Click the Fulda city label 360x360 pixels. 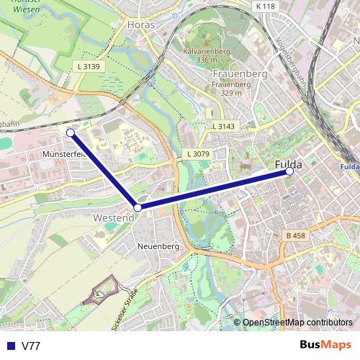pyautogui.click(x=288, y=165)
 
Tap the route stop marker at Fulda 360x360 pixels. pyautogui.click(x=289, y=172)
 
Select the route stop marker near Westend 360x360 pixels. pyautogui.click(x=138, y=207)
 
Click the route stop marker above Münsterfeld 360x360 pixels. pyautogui.click(x=71, y=132)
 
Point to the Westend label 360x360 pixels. pyautogui.click(x=114, y=217)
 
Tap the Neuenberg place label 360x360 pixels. pyautogui.click(x=158, y=246)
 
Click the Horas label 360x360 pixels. pyautogui.click(x=140, y=24)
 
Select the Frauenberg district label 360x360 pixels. pyautogui.click(x=241, y=73)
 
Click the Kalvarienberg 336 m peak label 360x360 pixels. pyautogui.click(x=206, y=56)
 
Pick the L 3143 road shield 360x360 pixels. pyautogui.click(x=224, y=126)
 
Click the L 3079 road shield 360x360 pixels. pyautogui.click(x=197, y=154)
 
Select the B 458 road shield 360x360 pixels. pyautogui.click(x=295, y=235)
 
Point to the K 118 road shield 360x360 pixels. pyautogui.click(x=265, y=6)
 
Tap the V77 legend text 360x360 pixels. pyautogui.click(x=31, y=346)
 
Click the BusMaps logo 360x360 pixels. pyautogui.click(x=325, y=345)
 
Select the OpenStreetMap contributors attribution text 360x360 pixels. pyautogui.click(x=297, y=323)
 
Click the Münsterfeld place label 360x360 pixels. pyautogui.click(x=64, y=154)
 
